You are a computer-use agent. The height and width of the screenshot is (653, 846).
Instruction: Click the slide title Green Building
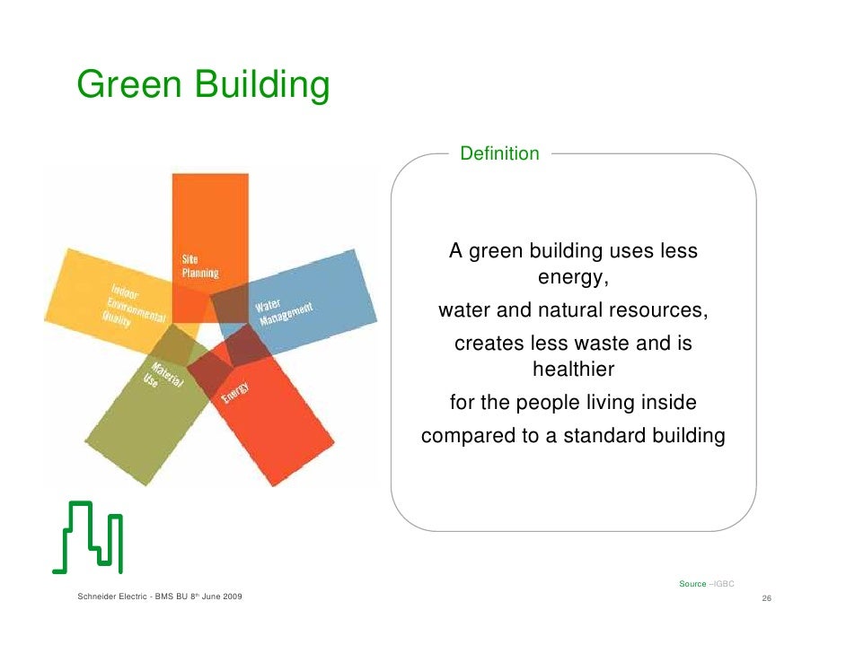203,86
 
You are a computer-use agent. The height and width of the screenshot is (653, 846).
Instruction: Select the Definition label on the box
499,153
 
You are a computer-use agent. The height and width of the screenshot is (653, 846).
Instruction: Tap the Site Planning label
199,266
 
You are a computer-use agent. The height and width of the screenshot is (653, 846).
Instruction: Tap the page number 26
767,598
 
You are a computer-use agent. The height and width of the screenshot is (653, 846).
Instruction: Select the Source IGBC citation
707,584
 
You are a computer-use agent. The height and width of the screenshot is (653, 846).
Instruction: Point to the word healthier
573,370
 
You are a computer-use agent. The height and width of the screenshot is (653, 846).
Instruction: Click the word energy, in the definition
573,277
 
